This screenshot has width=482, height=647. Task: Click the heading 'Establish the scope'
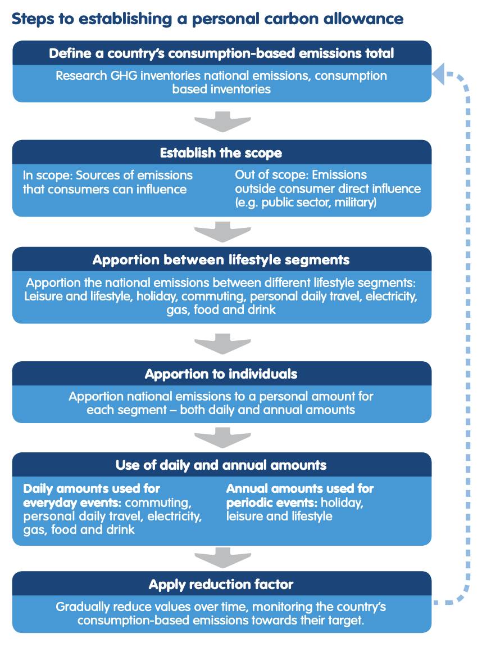[221, 153]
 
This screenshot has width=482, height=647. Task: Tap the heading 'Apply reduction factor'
[221, 585]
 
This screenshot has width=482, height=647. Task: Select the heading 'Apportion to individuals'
[221, 374]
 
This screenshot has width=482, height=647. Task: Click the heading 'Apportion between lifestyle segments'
[221, 260]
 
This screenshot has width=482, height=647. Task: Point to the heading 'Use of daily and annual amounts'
[221, 465]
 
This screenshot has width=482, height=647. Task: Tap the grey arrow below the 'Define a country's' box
[222, 122]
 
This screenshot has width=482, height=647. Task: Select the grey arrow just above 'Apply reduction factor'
[222, 558]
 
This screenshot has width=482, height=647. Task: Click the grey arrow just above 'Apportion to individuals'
[222, 344]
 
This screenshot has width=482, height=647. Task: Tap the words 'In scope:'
[47, 176]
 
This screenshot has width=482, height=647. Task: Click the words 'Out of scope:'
[271, 175]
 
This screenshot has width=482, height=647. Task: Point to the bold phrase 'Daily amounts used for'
[92, 488]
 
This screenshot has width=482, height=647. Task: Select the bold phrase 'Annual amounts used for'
[300, 488]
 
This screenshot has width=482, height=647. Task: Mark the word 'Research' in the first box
[81, 76]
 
